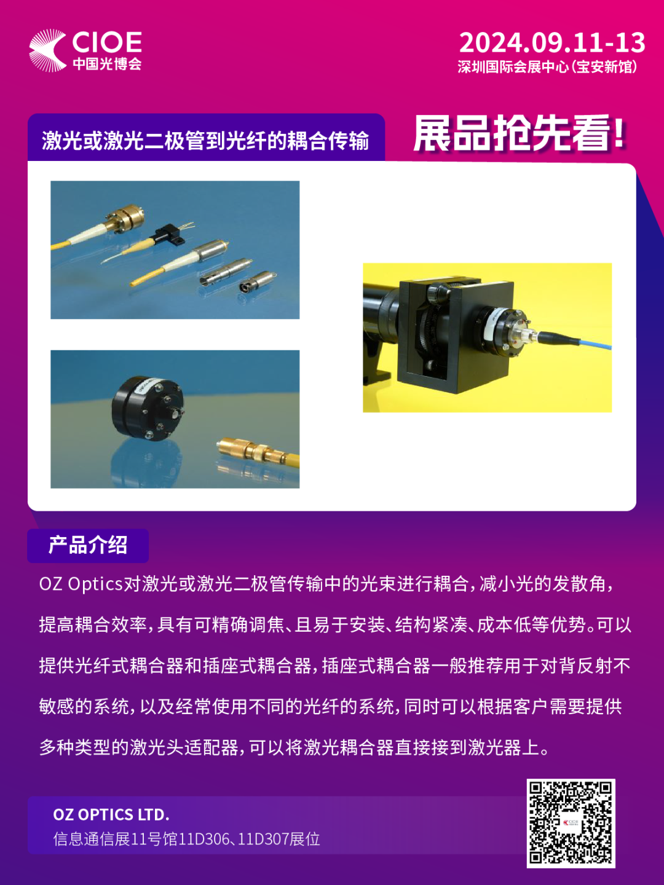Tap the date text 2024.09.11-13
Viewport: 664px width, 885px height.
[552, 43]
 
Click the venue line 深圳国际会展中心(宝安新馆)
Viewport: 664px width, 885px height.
[547, 66]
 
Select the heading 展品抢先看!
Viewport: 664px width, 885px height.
[520, 133]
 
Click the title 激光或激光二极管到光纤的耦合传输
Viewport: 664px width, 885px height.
[205, 141]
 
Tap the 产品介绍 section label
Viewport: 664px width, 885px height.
[88, 545]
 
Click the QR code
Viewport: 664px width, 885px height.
[571, 824]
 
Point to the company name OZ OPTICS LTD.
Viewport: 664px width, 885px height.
[111, 815]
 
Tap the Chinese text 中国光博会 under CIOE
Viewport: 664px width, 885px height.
[107, 64]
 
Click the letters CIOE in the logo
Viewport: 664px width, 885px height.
[107, 42]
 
